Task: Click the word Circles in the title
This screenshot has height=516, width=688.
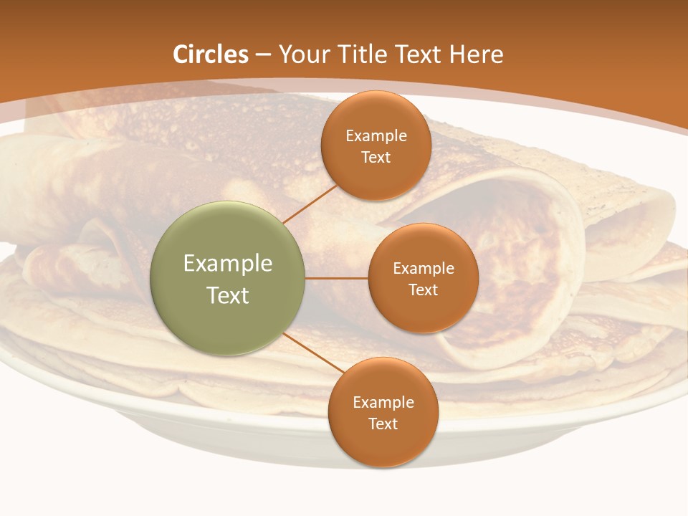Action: coord(211,54)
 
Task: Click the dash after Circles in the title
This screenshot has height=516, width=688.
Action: coord(263,55)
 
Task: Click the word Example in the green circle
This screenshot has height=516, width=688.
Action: coord(228,263)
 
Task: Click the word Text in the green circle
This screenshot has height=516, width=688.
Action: coord(228,295)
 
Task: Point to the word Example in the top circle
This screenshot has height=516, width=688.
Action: coord(376,136)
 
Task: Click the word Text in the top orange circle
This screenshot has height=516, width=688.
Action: coord(376,157)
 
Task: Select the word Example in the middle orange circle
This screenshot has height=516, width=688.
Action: coord(424,269)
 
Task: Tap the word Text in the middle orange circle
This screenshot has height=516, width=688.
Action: coord(424,290)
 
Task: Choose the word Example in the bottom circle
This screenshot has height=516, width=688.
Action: coord(383,403)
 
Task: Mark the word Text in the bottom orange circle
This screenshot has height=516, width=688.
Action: coord(383,424)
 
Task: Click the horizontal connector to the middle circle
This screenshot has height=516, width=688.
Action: coord(336,278)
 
